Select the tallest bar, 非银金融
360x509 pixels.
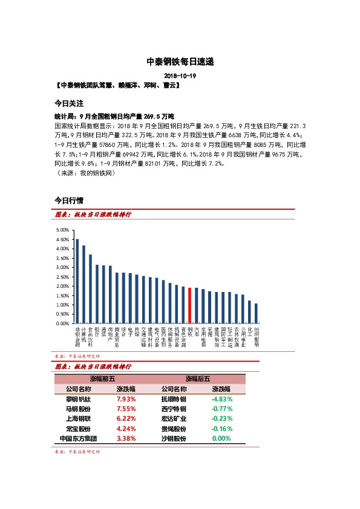pyautogui.click(x=77, y=281)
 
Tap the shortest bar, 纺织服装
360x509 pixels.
pyautogui.click(x=256, y=313)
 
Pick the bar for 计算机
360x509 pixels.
pyautogui.click(x=83, y=284)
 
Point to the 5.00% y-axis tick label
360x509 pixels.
pyautogui.click(x=62, y=230)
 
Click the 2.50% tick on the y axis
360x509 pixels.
pyautogui.click(x=62, y=277)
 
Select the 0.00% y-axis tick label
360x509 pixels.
pyautogui.click(x=62, y=323)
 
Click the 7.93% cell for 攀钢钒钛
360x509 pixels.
pyautogui.click(x=126, y=399)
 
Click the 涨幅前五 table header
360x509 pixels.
pyautogui.click(x=103, y=378)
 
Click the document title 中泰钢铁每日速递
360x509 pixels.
pyautogui.click(x=180, y=61)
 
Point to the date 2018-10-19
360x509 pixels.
pyautogui.click(x=180, y=76)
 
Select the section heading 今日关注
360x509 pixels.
pyautogui.click(x=68, y=103)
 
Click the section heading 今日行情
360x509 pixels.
pyautogui.click(x=68, y=199)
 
